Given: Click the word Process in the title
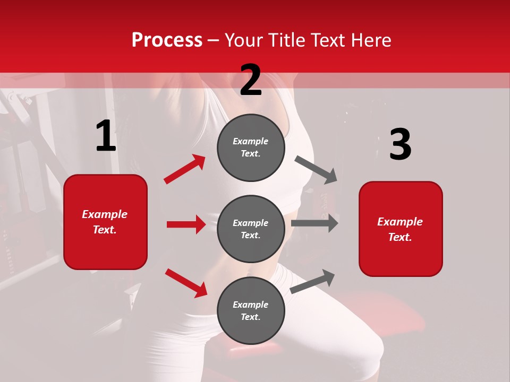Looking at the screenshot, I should click(x=167, y=40).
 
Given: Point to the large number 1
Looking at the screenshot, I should click(x=106, y=136).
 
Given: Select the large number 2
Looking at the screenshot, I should click(x=251, y=80).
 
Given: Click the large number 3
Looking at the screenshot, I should click(x=400, y=145).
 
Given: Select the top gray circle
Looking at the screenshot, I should click(x=251, y=147).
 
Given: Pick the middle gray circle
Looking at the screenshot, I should click(x=251, y=229).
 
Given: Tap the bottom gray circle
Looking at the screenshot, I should click(x=251, y=310).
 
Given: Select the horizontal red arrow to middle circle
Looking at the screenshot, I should click(x=186, y=224).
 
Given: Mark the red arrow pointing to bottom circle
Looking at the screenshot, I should click(x=186, y=283).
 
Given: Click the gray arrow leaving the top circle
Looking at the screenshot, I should click(x=316, y=170).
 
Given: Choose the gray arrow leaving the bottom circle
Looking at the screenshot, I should click(x=312, y=281).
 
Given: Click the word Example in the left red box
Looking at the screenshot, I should click(x=105, y=214).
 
